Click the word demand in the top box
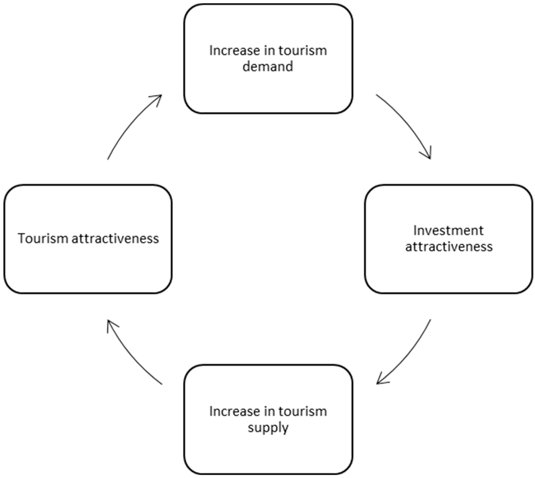pyautogui.click(x=267, y=66)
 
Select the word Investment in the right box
pyautogui.click(x=448, y=230)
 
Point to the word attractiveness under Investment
pyautogui.click(x=449, y=247)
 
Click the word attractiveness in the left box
pyautogui.click(x=115, y=239)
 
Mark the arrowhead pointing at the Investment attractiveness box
pyautogui.click(x=428, y=155)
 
